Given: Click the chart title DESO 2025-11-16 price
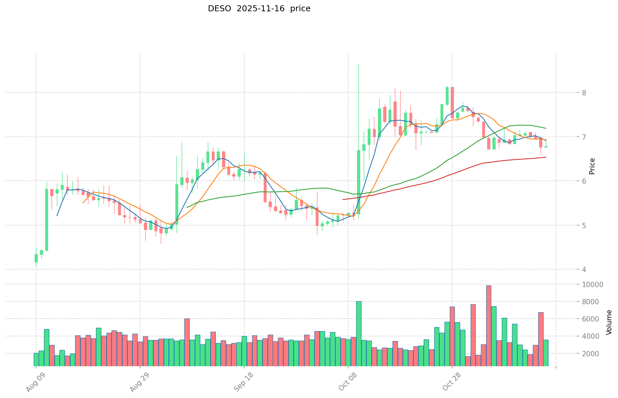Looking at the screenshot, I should [259, 9].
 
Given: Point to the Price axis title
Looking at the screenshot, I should [592, 166].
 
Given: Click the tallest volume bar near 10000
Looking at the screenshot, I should [489, 325].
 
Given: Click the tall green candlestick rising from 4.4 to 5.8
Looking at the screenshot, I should [47, 220].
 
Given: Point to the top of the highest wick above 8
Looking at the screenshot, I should [358, 64].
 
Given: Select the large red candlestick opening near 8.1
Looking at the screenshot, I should [452, 102].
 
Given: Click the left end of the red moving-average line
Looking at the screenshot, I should [343, 199].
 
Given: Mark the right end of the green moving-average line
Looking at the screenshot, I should [546, 128].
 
